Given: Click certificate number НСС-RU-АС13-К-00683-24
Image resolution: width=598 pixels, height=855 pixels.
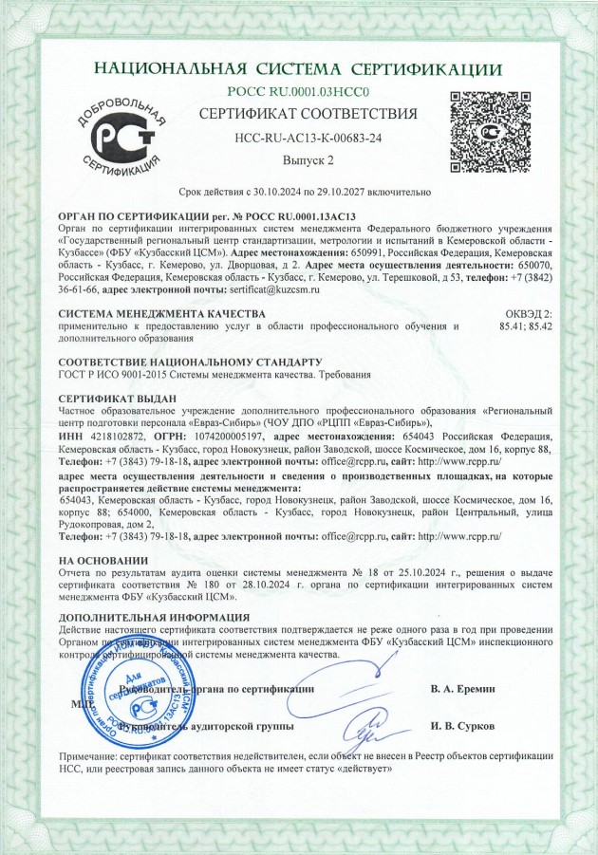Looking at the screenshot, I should (x=308, y=138).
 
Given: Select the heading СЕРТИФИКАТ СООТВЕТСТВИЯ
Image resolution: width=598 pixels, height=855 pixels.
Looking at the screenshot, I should (x=308, y=115).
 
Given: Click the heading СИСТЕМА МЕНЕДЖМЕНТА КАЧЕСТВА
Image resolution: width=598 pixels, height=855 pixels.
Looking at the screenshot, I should (x=161, y=312).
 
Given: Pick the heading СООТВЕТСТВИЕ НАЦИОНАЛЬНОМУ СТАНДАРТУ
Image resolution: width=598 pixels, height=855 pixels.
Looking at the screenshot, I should (x=190, y=362).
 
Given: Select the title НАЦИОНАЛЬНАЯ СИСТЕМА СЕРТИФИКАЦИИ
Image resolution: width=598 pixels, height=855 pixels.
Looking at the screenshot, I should (x=299, y=69).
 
